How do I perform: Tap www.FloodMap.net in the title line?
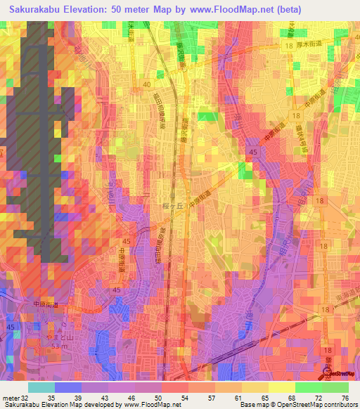[x=228, y=9]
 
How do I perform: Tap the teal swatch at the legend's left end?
[x=41, y=387]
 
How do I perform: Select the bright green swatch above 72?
[x=308, y=387]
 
